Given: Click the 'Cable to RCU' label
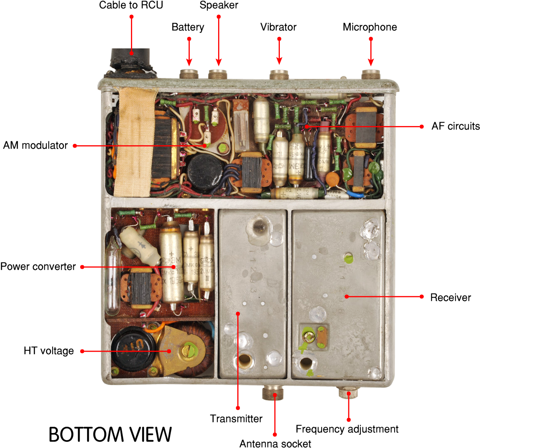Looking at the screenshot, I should click(x=131, y=5).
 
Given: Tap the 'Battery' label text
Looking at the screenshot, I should click(x=188, y=27).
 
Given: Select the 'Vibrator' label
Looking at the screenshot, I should click(x=278, y=27).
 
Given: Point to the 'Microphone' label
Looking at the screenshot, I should click(x=370, y=27).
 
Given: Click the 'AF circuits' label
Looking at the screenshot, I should click(x=455, y=126).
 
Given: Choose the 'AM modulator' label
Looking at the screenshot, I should click(x=35, y=146).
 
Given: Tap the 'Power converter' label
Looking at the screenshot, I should click(x=38, y=267).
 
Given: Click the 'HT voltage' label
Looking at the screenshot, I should click(x=49, y=351).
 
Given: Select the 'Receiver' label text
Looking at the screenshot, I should click(x=450, y=297).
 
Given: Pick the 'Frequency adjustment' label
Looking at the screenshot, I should click(x=347, y=429).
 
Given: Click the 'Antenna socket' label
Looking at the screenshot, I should click(x=275, y=443).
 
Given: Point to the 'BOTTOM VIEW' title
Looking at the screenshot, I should click(x=110, y=435).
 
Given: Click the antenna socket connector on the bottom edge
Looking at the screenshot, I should click(x=273, y=393).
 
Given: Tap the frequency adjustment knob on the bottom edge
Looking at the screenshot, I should click(x=347, y=393).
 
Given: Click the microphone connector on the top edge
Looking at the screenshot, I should click(x=371, y=75).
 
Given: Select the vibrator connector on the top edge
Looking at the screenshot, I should click(x=279, y=75).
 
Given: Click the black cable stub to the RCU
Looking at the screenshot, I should click(x=130, y=61).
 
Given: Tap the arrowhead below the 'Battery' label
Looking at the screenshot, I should click(x=189, y=63).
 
